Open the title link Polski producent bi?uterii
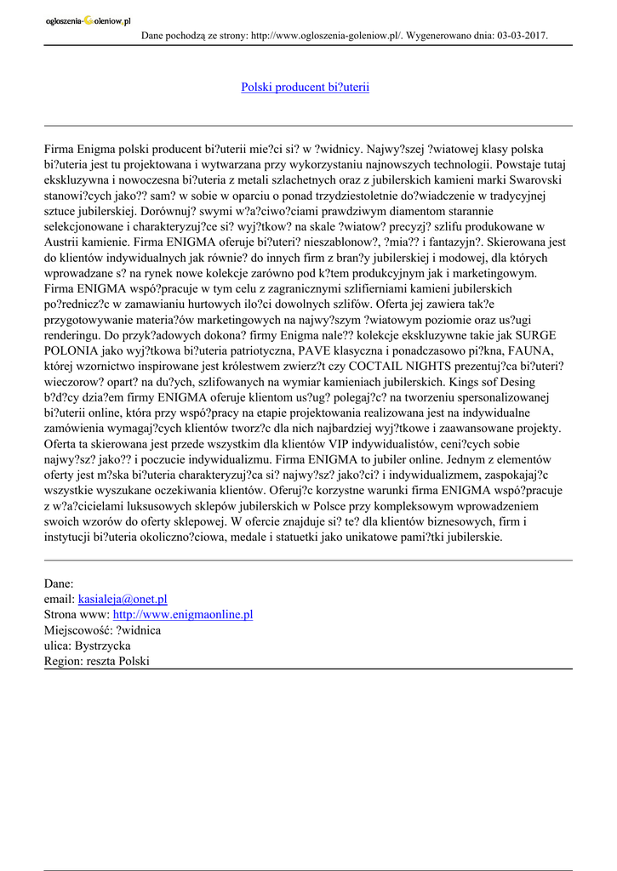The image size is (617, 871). (x=305, y=87)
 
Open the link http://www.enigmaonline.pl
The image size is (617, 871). (x=183, y=614)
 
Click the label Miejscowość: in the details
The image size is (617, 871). (x=78, y=630)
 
